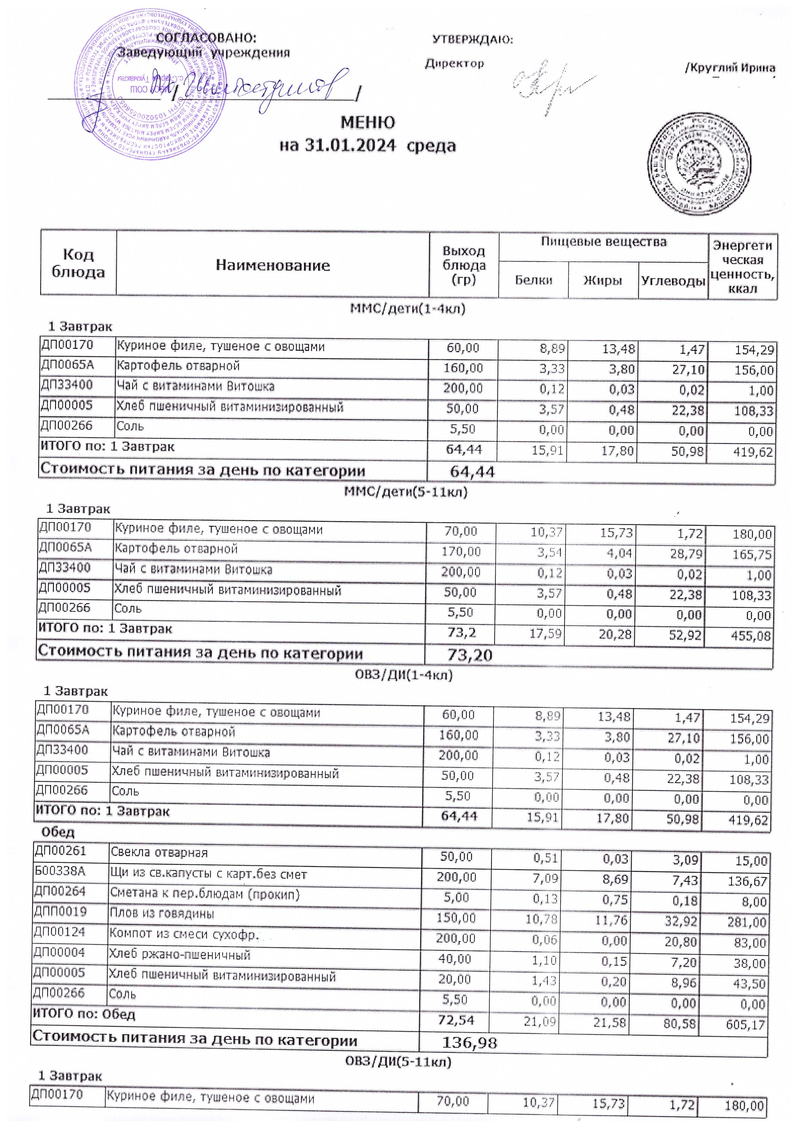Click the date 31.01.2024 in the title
click(x=350, y=146)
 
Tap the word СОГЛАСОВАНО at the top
click(x=206, y=38)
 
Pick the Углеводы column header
click(x=673, y=281)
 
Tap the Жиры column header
click(x=603, y=281)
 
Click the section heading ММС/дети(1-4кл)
click(x=408, y=309)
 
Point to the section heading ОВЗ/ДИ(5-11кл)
click(x=398, y=1061)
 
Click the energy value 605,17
click(x=746, y=1025)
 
